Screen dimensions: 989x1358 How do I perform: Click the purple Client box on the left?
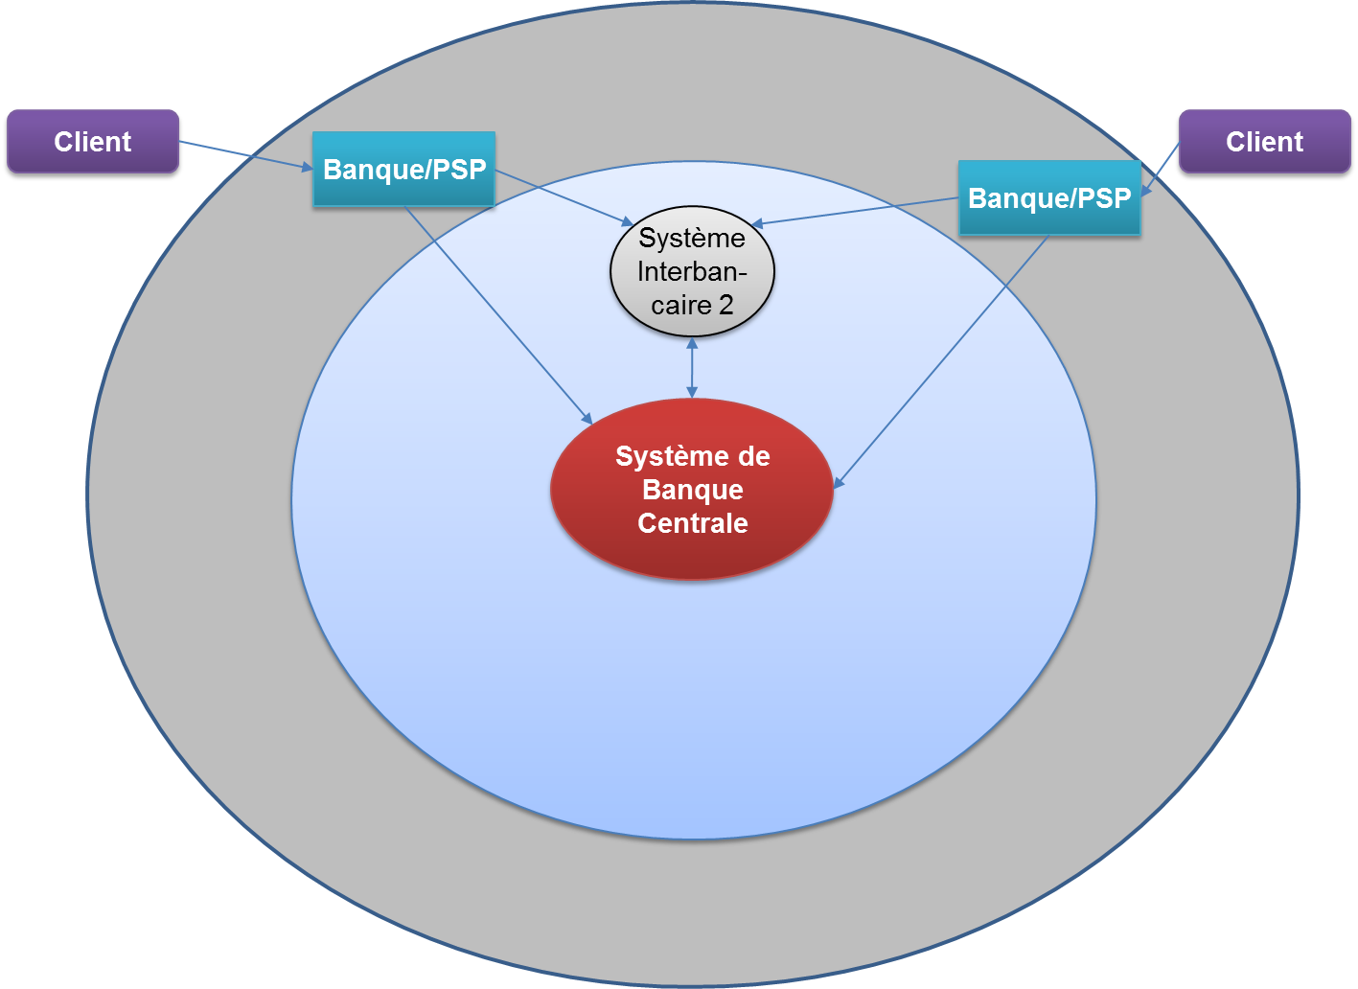point(93,142)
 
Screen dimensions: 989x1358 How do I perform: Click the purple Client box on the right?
point(1264,142)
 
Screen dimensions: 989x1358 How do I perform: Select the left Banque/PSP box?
point(403,170)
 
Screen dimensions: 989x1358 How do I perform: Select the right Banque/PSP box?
point(1049,198)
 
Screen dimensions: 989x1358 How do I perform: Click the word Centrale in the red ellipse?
point(692,523)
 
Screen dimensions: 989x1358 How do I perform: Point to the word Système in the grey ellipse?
point(692,238)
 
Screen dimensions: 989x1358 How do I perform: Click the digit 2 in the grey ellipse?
point(725,306)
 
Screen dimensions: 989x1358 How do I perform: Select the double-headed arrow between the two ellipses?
point(692,367)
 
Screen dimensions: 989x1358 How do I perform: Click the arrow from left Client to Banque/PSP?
point(245,155)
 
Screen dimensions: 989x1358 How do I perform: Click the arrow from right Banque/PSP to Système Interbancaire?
point(853,212)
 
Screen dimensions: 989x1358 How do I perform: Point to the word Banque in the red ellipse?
point(692,490)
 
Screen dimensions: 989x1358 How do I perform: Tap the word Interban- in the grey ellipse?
point(692,272)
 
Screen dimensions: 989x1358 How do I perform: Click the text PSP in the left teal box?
point(456,170)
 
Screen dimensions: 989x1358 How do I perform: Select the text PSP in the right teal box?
point(1102,198)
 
